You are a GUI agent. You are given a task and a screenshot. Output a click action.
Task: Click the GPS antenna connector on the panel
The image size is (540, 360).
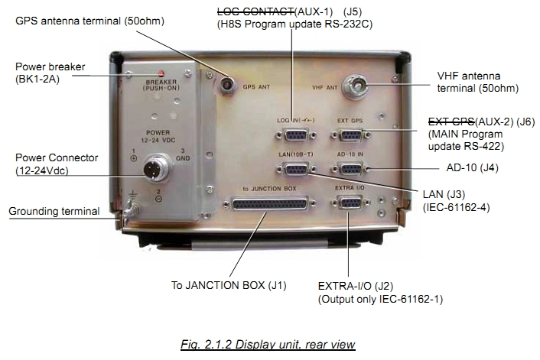click(x=228, y=83)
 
